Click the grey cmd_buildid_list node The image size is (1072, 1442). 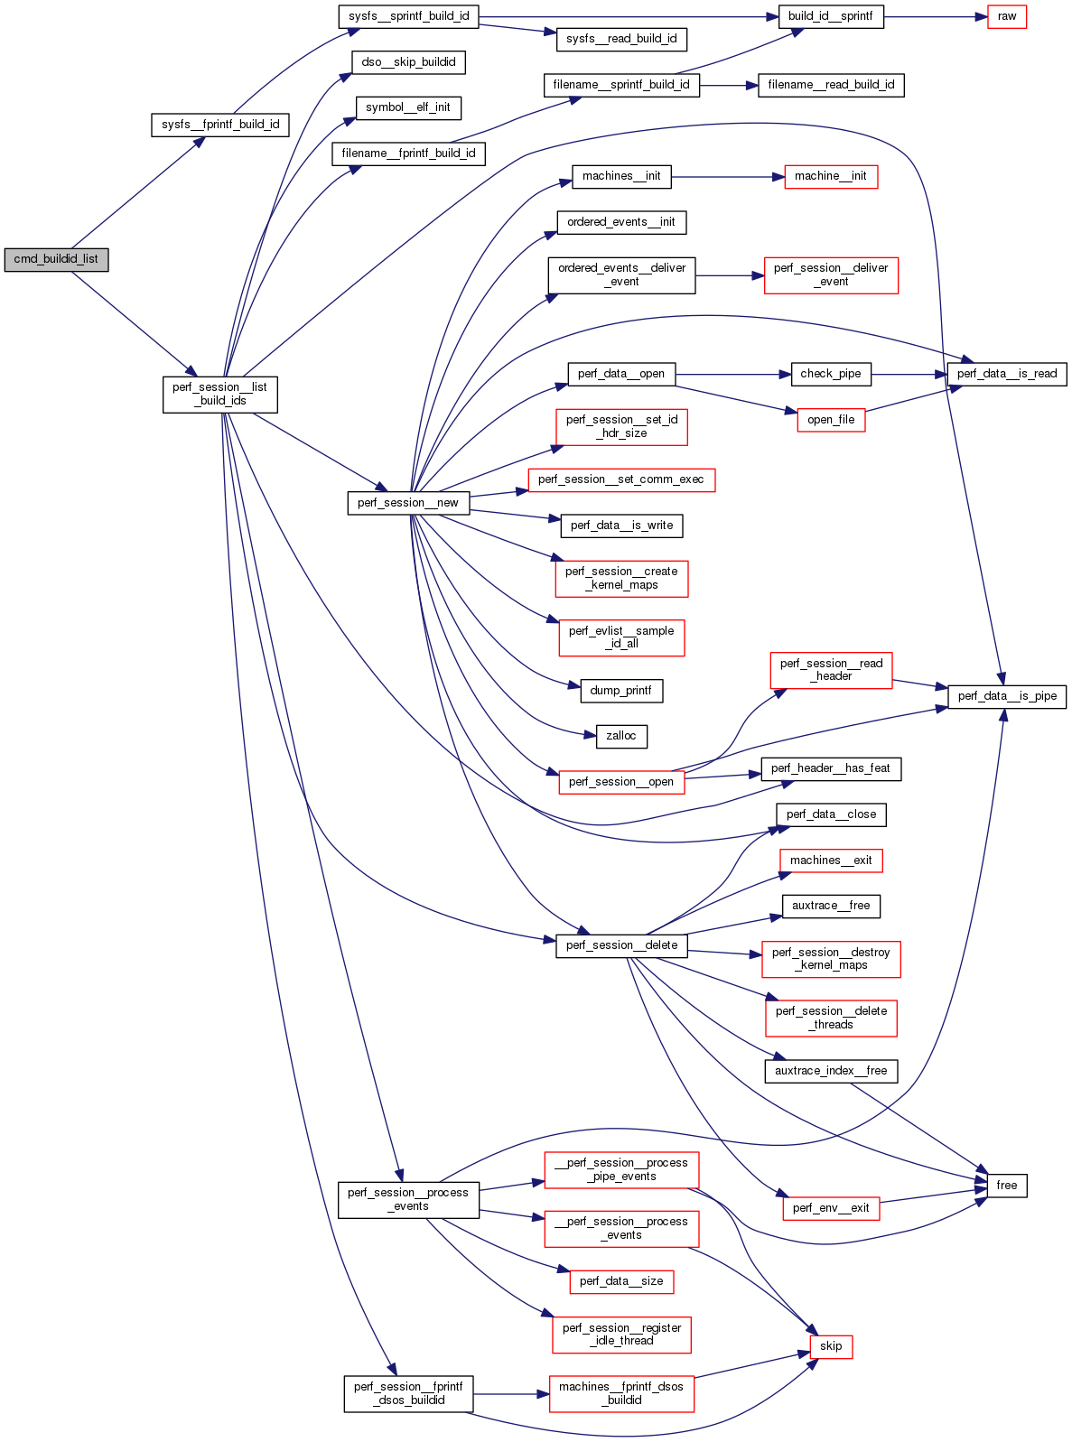tap(56, 259)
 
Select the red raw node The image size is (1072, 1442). tap(1007, 16)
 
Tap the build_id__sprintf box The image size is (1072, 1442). tap(831, 16)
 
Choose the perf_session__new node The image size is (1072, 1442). tap(408, 503)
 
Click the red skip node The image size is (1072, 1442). tap(831, 1346)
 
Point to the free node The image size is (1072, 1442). tap(1007, 1186)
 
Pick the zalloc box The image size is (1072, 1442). tap(621, 736)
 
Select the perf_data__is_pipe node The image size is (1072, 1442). tap(1007, 696)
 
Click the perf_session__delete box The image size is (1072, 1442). tap(621, 945)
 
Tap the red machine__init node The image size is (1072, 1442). tap(831, 176)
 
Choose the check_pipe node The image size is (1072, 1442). tap(831, 374)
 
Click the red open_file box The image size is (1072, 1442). tap(831, 420)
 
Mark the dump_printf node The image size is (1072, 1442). tap(621, 691)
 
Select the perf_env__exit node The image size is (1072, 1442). tap(831, 1208)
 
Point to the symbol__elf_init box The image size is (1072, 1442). tap(408, 107)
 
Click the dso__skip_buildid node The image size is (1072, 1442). tap(408, 62)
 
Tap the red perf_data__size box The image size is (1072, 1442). tap(621, 1281)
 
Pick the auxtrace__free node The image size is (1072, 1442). tap(831, 906)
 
